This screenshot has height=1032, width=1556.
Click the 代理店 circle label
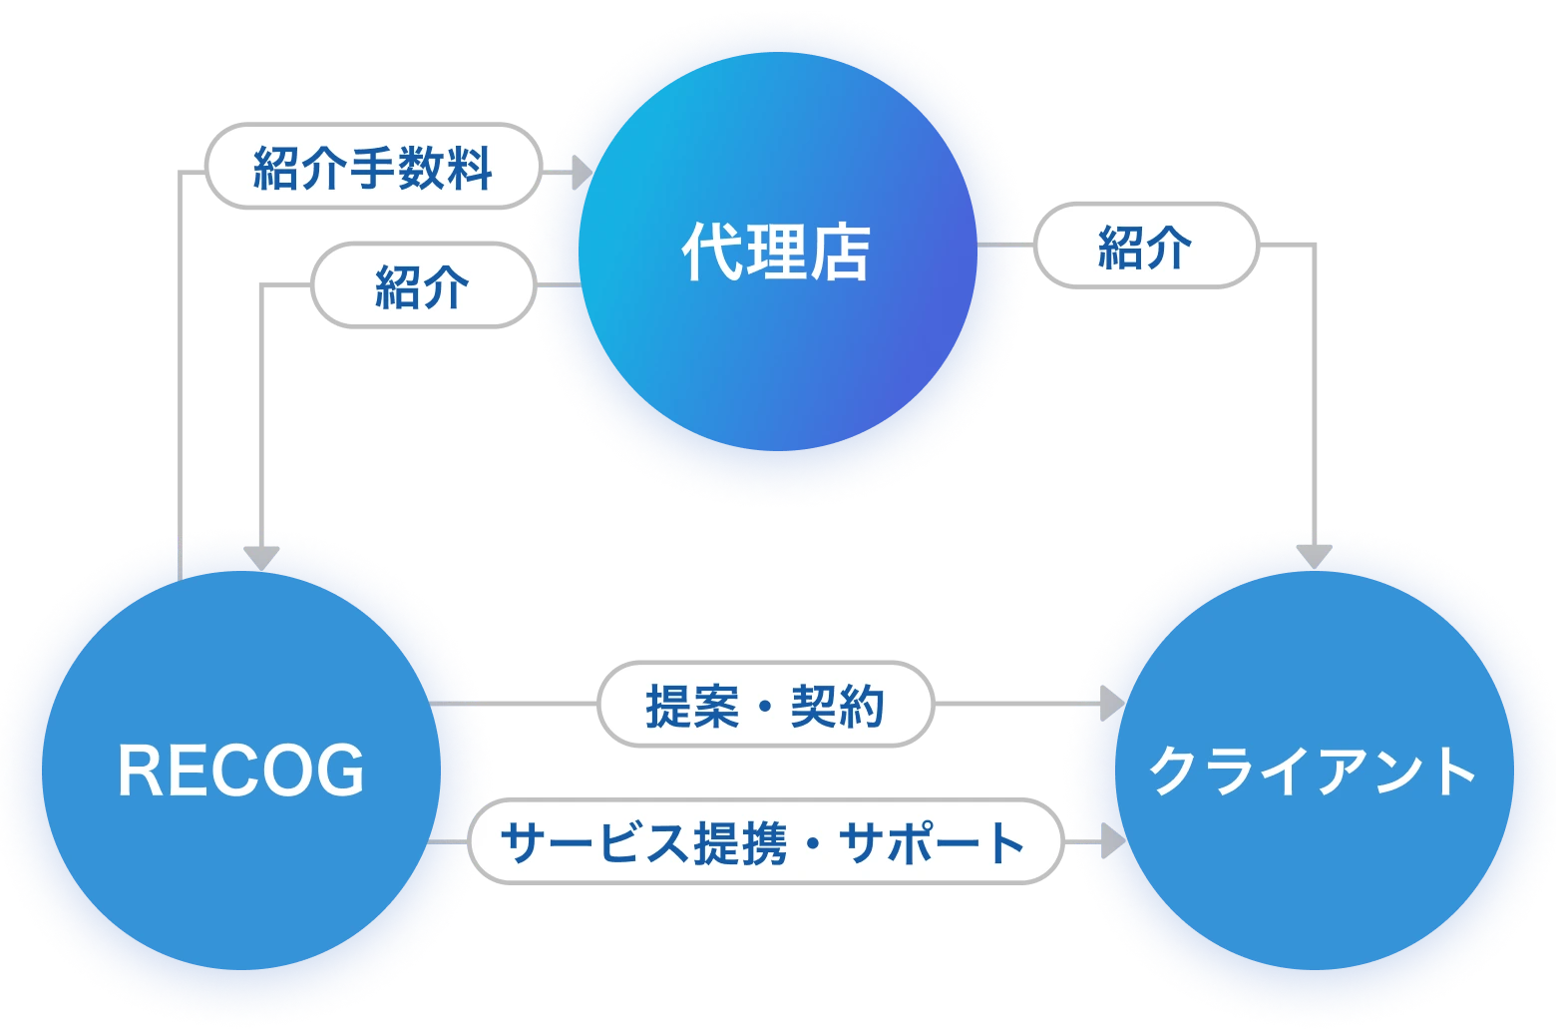click(776, 253)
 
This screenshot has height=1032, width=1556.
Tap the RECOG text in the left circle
click(241, 772)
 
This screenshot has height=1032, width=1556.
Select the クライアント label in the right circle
click(1313, 772)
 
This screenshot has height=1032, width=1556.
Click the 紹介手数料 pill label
click(373, 167)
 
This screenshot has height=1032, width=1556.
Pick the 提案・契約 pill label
click(765, 706)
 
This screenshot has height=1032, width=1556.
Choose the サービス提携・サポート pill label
click(764, 842)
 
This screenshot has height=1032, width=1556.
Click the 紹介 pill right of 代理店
click(1145, 246)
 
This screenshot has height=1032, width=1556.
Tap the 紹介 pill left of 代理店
click(422, 286)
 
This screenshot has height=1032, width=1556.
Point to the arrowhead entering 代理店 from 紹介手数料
click(582, 177)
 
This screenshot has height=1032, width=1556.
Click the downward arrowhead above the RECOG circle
click(262, 556)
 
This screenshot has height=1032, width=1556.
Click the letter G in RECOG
click(340, 772)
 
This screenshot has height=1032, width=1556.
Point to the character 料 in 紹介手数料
click(469, 167)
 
